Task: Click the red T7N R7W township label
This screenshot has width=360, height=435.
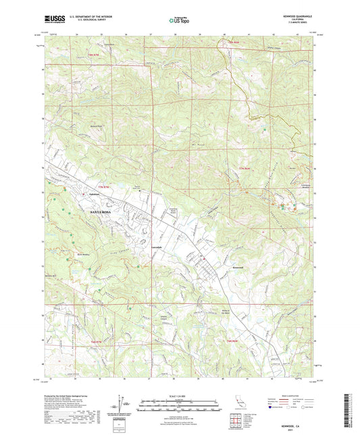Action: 103,186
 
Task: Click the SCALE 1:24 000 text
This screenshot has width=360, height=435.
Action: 179,395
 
